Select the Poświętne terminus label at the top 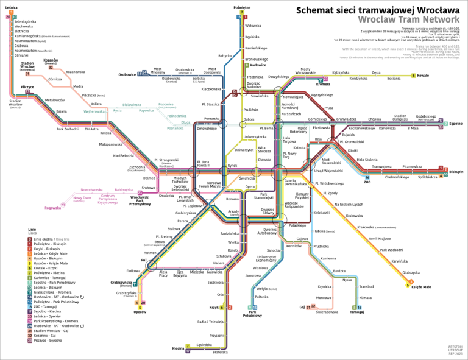(242, 7)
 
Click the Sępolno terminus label (456, 124)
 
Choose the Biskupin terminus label (455, 172)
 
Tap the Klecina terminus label (178, 348)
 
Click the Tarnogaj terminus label (356, 312)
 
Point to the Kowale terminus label (424, 76)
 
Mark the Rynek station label (232, 166)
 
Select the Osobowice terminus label (126, 74)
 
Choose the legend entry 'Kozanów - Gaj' (48, 335)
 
